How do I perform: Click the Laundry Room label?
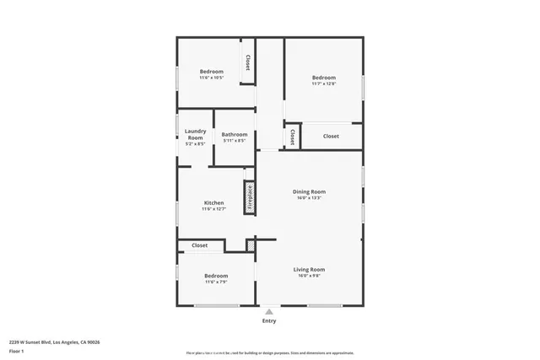[x=196, y=134]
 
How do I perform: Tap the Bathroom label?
[x=235, y=135]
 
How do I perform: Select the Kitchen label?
[x=213, y=203]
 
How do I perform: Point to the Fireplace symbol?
[x=250, y=196]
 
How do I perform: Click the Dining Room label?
[x=309, y=191]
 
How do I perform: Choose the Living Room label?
[x=309, y=270]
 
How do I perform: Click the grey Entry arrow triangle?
[x=269, y=311]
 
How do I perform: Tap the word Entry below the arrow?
[x=269, y=320]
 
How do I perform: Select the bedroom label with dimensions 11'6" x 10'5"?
[x=211, y=72]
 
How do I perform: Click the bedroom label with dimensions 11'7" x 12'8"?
[x=323, y=78]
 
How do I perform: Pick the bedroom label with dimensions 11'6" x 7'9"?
[x=215, y=276]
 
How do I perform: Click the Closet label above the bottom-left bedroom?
[x=200, y=245]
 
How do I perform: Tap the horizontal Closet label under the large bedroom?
[x=331, y=136]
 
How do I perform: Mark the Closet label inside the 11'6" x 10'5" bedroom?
[x=247, y=62]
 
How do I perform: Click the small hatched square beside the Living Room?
[x=251, y=244]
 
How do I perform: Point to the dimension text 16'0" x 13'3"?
[x=309, y=199]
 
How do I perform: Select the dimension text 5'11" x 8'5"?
[x=235, y=141]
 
